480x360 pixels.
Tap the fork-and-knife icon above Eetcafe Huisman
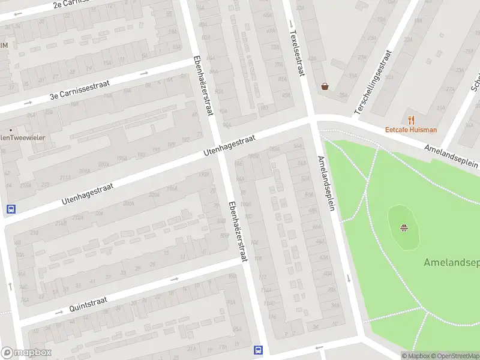(x=411, y=119)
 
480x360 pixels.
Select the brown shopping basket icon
(x=325, y=86)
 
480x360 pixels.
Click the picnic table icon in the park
(x=404, y=227)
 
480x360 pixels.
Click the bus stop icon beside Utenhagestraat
(x=10, y=209)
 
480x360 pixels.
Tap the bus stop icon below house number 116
(x=259, y=350)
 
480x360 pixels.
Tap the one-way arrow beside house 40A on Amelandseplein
(x=349, y=278)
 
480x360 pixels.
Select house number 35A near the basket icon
(x=343, y=95)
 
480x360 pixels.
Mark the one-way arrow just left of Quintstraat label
(x=59, y=313)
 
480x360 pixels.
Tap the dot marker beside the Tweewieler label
(x=10, y=130)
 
